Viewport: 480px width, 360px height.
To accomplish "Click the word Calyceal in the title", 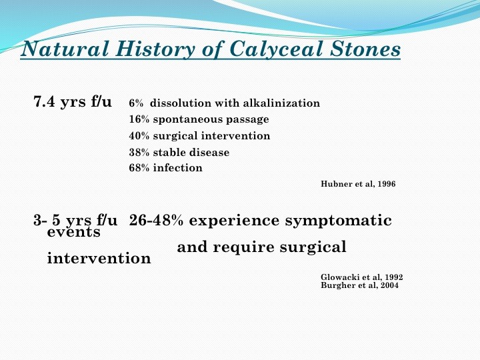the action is pos(276,49).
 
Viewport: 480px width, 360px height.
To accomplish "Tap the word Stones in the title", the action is pos(365,49).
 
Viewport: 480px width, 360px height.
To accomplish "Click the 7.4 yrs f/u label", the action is pos(73,101).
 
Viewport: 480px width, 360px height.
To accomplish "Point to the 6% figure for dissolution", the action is pos(136,103).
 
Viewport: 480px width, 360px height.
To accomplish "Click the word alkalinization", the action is pos(281,103).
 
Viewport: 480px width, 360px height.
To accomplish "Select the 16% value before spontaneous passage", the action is pos(139,119).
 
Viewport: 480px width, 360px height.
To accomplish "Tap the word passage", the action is pos(247,120).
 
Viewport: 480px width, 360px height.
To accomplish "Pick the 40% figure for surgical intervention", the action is pos(139,135).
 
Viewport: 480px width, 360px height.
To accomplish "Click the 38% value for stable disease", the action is pos(139,152).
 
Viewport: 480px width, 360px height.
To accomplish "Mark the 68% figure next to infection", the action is pos(139,168).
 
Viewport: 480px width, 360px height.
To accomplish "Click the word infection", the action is pos(177,168).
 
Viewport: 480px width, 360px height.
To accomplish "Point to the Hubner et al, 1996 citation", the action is pos(358,184).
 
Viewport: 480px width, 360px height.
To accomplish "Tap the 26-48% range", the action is pos(156,221).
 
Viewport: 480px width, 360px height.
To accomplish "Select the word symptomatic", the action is pos(338,221).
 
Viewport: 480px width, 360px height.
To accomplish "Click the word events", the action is pos(74,232).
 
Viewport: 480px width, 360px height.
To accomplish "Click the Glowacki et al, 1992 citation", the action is pos(362,277).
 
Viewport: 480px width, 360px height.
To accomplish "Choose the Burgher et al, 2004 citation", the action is pos(360,285).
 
